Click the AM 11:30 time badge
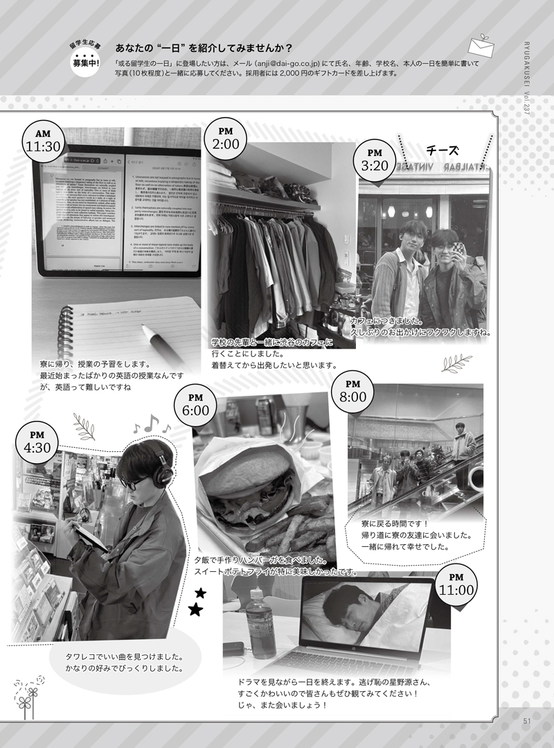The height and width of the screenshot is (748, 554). pyautogui.click(x=44, y=141)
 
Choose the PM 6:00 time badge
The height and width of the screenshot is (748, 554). pyautogui.click(x=196, y=405)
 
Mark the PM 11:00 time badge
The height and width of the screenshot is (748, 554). pyautogui.click(x=456, y=586)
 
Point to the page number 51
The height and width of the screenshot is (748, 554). pyautogui.click(x=527, y=720)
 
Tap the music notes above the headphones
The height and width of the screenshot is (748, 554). pyautogui.click(x=152, y=423)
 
